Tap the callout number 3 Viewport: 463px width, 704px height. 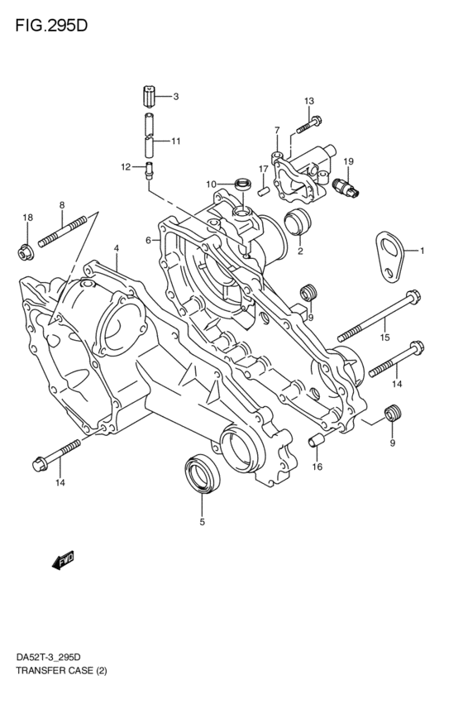coord(175,97)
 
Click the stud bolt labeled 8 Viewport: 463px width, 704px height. coord(62,233)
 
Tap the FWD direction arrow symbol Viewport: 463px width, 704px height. coord(64,562)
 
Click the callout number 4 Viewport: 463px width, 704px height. coord(117,248)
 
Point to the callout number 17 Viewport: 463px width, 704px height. coord(263,170)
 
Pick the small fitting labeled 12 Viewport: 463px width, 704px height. coord(150,170)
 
